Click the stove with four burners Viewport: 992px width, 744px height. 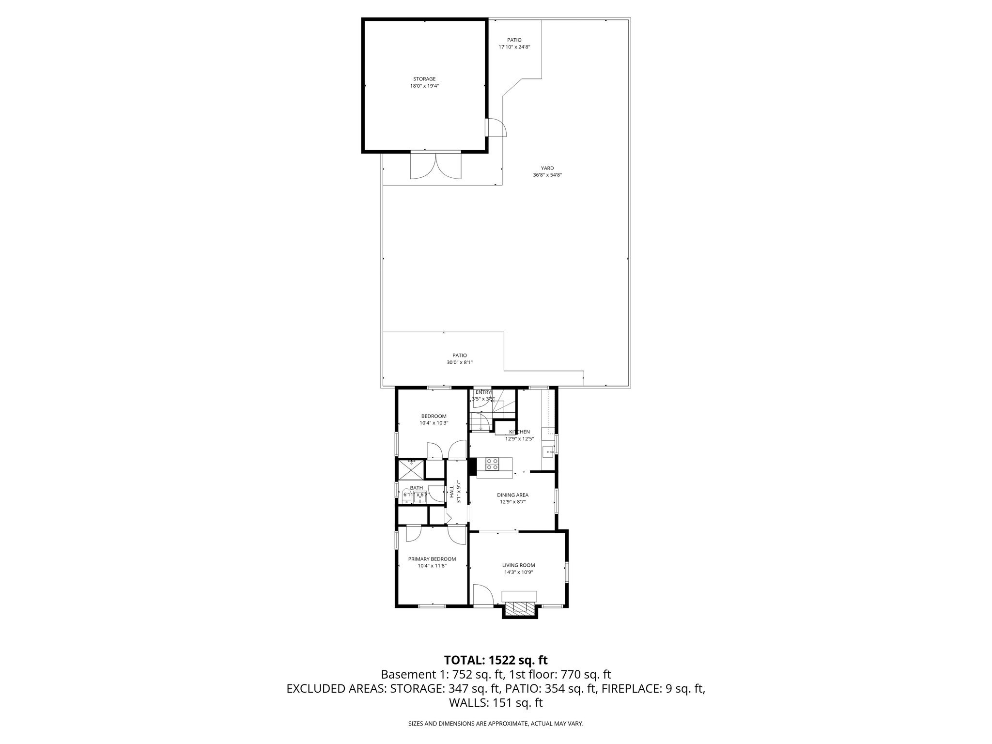click(x=492, y=464)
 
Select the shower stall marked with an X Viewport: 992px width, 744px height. click(x=411, y=469)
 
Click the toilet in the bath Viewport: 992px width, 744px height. click(x=406, y=495)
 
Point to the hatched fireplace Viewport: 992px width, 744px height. click(x=520, y=608)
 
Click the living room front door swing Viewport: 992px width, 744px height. click(x=481, y=594)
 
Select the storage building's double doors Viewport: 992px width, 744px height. click(x=435, y=167)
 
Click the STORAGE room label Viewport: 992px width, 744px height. click(x=424, y=78)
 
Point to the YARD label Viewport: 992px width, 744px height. click(x=547, y=168)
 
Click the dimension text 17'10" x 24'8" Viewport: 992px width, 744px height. click(x=514, y=47)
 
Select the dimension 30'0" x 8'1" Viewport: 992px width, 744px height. click(x=459, y=362)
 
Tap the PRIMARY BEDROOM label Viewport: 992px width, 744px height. click(x=432, y=558)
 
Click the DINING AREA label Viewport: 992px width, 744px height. click(x=512, y=495)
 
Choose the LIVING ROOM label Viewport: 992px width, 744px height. click(x=518, y=565)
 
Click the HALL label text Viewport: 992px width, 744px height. click(x=452, y=492)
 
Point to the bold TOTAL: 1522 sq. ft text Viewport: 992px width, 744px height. click(x=496, y=660)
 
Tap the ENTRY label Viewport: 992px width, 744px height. click(x=483, y=392)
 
